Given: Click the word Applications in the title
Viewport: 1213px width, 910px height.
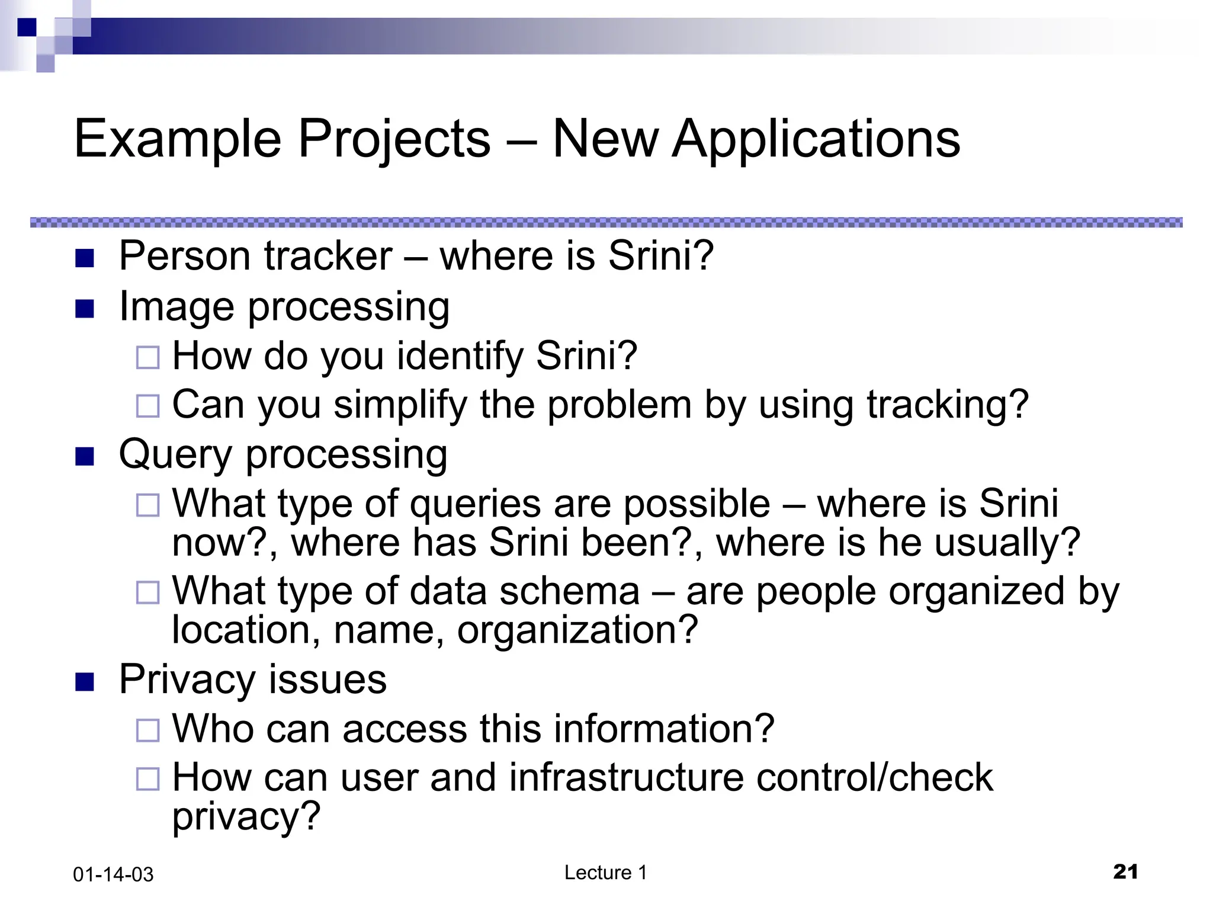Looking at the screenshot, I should (816, 139).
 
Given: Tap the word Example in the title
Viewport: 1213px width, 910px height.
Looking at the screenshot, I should (177, 139).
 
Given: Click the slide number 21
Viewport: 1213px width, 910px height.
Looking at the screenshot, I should (1125, 871).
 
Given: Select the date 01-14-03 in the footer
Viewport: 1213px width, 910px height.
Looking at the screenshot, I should (113, 874).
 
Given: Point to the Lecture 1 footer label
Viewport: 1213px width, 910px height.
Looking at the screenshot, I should (605, 873).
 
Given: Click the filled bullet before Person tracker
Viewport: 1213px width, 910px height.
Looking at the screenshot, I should (85, 258).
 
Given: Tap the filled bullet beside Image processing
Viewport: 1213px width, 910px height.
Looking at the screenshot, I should (85, 309).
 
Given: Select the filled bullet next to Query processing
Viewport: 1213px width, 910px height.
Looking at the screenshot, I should (85, 456).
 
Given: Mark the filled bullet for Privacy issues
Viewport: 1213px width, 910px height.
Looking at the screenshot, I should (85, 682).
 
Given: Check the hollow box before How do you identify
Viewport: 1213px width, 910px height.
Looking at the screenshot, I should (147, 357).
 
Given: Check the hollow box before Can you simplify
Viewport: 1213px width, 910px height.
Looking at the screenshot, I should (147, 406).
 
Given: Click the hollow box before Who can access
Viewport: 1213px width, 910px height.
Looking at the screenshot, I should (147, 730).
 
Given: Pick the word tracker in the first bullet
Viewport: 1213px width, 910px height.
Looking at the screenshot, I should (328, 256).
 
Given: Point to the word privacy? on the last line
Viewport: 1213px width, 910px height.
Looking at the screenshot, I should (246, 816).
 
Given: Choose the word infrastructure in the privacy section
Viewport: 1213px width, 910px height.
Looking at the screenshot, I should (625, 777).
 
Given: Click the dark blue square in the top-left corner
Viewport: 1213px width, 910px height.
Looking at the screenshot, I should (27, 27).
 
